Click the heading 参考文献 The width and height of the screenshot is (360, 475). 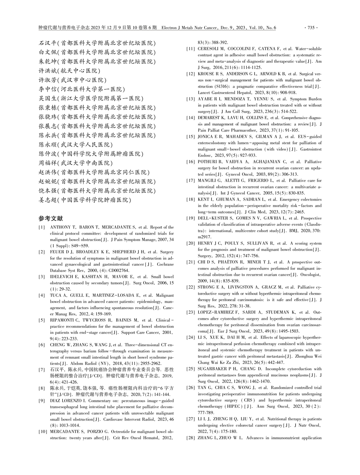[50, 218]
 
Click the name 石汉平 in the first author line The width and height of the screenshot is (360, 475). [47, 43]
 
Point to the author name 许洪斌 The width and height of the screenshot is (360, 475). [47, 70]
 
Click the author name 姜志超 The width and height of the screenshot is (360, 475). [47, 200]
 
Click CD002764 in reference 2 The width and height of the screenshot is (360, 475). [118, 270]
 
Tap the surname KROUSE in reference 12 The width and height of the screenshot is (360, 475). [206, 74]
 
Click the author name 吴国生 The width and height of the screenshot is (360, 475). [47, 98]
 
